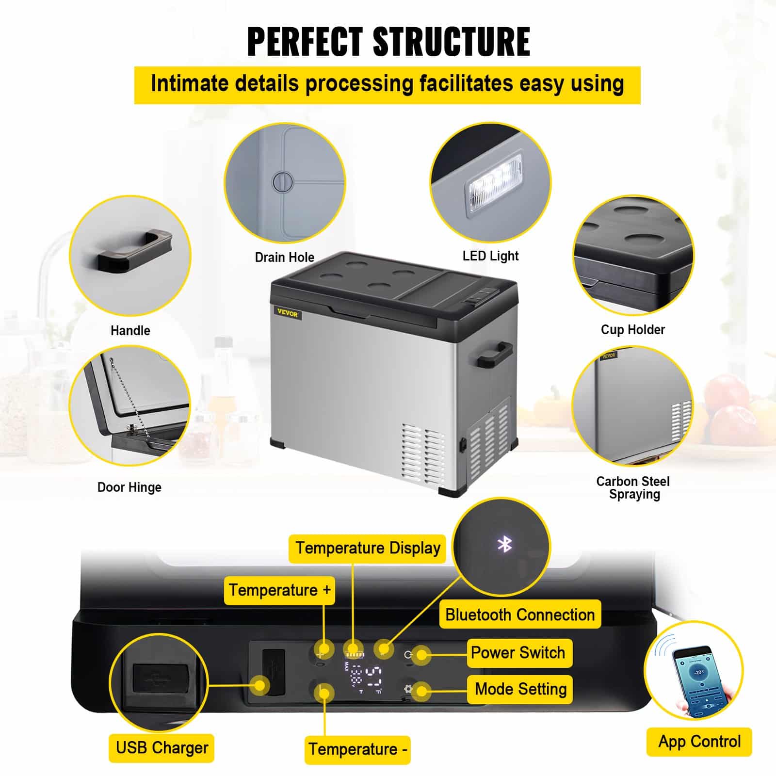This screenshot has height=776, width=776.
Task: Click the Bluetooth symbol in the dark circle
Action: pos(504,544)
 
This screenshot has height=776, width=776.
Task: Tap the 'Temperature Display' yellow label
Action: pos(368,549)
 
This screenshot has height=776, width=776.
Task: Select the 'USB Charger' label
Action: pos(162,747)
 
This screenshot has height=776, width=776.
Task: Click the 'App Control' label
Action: pos(699,742)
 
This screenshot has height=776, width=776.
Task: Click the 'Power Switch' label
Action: pos(517,653)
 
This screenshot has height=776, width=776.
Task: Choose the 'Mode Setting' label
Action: pos(520,689)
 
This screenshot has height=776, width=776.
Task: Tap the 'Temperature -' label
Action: pos(357,749)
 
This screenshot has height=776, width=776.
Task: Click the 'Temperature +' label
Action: pos(279,590)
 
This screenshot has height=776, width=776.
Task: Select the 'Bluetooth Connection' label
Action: pos(520,615)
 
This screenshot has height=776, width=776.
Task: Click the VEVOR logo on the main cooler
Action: pos(288,314)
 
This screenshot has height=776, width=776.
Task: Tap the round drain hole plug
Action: pos(283,182)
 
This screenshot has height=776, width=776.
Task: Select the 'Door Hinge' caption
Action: pos(129,487)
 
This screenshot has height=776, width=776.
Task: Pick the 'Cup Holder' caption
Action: pos(632,330)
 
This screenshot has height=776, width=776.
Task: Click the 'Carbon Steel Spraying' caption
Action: pos(633,487)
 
